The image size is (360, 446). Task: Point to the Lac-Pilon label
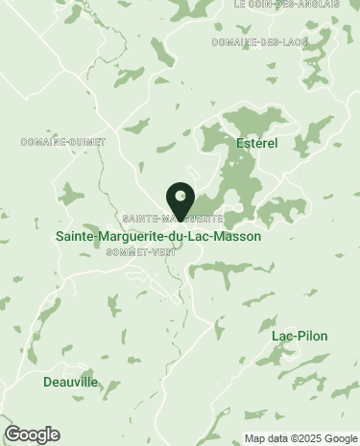[x=294, y=336]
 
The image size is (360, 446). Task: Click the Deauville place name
[x=70, y=382]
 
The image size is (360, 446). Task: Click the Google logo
[x=32, y=434]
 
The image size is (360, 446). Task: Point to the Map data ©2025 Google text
[x=299, y=438]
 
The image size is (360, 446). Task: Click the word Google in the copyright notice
[x=336, y=438]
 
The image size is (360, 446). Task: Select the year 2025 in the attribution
[x=305, y=438]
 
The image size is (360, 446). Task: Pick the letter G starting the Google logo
[x=12, y=434]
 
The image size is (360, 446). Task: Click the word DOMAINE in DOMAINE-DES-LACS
[x=235, y=43]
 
